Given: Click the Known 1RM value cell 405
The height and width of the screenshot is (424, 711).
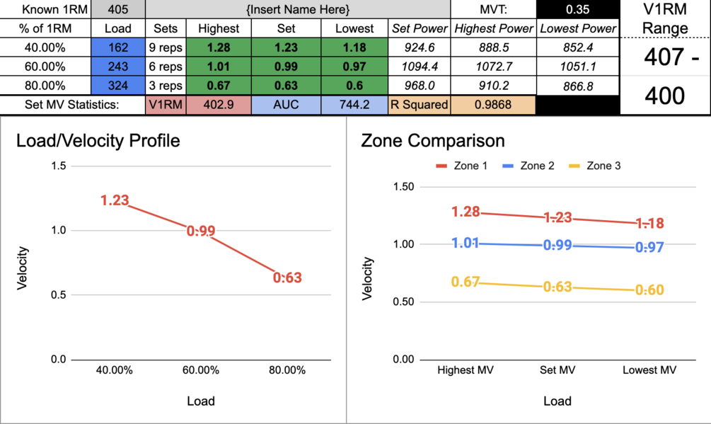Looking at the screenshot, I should [x=118, y=10].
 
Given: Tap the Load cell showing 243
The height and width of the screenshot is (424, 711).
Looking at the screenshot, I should [x=118, y=67].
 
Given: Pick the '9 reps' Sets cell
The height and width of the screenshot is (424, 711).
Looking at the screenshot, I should [x=166, y=47].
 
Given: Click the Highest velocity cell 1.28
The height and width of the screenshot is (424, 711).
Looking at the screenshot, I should [x=219, y=47].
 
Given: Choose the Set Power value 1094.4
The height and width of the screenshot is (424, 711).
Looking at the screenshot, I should [x=420, y=67].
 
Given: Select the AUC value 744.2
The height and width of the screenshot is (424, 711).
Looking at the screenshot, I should [x=354, y=104].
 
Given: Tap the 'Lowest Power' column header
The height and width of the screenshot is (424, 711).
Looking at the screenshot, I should [x=578, y=29].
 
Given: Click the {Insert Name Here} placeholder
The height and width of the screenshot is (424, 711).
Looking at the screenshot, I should [x=298, y=10].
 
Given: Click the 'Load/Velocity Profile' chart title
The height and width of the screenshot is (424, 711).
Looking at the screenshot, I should [x=98, y=140].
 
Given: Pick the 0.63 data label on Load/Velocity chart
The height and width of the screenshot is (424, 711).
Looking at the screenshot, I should [x=287, y=277].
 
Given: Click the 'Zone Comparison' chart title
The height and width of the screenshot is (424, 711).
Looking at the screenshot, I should [x=432, y=140].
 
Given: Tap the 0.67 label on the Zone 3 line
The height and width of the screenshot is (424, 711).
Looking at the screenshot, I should [x=466, y=282].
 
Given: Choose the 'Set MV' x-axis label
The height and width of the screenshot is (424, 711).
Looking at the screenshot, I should [x=557, y=370].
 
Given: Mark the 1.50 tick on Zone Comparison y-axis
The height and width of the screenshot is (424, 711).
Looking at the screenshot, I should [x=403, y=187].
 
